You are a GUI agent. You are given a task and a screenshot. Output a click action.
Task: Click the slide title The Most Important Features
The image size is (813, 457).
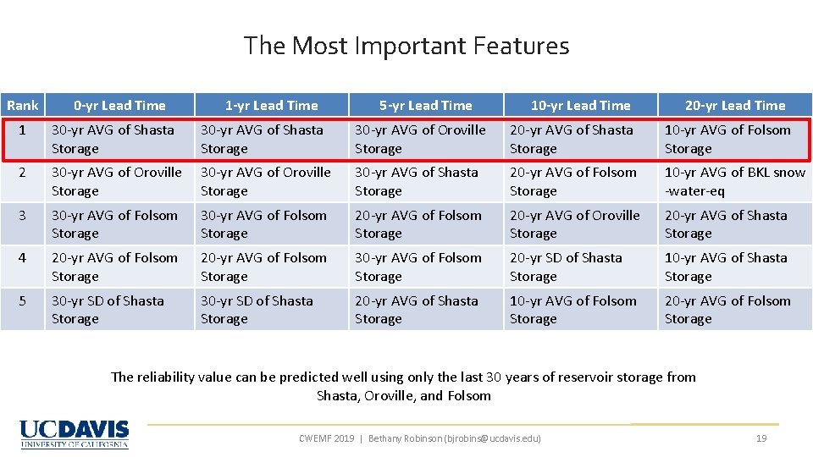click(x=406, y=46)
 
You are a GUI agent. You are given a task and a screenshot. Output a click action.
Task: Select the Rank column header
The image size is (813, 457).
click(x=22, y=105)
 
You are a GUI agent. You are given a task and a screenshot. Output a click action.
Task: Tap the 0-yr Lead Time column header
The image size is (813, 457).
click(x=119, y=105)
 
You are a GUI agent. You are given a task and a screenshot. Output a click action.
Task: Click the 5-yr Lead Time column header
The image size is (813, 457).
click(x=425, y=105)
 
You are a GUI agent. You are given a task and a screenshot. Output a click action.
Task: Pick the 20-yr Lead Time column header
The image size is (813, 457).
click(x=735, y=105)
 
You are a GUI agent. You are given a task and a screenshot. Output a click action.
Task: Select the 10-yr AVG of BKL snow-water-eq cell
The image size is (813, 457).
click(x=734, y=181)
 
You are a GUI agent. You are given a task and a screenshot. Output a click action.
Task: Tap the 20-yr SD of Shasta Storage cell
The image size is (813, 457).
click(x=580, y=267)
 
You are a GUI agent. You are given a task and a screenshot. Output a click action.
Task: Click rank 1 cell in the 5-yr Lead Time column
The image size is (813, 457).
click(x=425, y=139)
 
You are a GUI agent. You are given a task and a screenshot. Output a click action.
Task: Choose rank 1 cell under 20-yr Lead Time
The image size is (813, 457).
click(x=734, y=139)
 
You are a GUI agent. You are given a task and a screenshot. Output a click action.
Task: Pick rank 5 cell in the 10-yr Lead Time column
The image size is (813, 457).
click(x=580, y=310)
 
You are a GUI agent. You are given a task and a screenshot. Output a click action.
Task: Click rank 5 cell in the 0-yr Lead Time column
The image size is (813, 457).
click(x=119, y=310)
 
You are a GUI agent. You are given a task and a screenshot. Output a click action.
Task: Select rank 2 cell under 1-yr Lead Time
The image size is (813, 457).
click(x=271, y=181)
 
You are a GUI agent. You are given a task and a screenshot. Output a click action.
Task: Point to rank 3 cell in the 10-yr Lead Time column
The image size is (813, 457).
click(x=580, y=224)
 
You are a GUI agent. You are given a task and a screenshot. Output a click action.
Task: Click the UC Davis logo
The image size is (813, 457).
click(x=75, y=433)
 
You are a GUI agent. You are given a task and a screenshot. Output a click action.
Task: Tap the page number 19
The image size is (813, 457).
click(x=760, y=438)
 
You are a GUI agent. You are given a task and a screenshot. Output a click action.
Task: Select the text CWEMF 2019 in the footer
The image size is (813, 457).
click(x=327, y=438)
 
